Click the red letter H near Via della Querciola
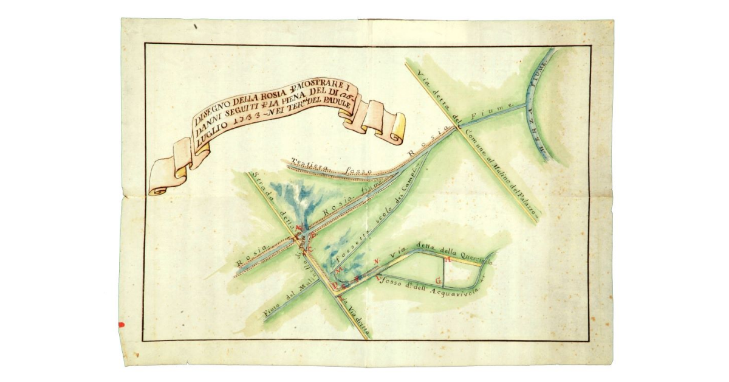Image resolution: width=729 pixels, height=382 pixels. click(x=448, y=260)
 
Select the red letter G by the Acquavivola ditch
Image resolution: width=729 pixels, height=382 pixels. click(x=438, y=280)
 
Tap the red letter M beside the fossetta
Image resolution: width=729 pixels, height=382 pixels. click(x=340, y=268)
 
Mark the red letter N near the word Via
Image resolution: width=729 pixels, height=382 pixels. click(x=376, y=262)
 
